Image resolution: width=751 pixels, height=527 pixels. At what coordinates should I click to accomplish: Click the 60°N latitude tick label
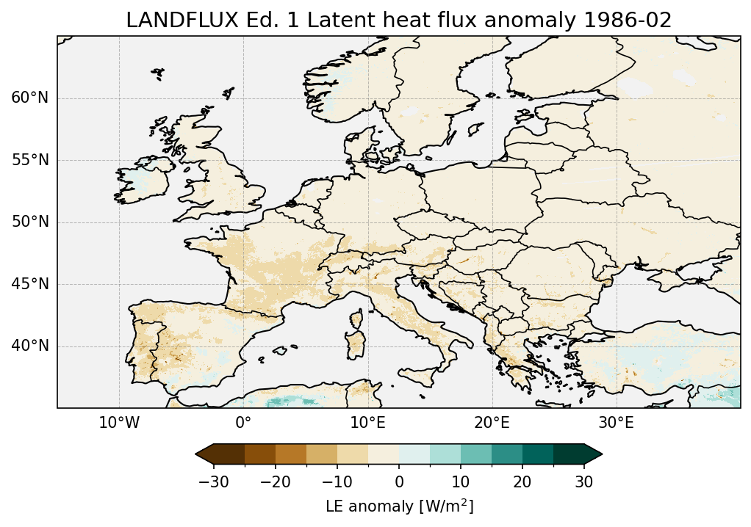pos(29,98)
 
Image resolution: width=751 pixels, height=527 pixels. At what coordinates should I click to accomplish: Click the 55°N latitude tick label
pos(29,160)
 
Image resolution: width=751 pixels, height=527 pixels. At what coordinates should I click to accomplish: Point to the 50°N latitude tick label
pos(29,222)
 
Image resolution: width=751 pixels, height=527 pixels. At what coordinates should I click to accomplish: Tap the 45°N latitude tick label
pos(29,284)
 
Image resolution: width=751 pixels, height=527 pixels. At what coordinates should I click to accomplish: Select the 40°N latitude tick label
pos(29,346)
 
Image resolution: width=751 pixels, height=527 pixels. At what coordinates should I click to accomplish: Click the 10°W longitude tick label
pos(119,424)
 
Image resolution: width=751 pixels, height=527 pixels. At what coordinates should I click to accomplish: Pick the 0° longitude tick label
pos(243,424)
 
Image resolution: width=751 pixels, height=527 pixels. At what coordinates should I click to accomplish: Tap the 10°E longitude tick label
pos(367,424)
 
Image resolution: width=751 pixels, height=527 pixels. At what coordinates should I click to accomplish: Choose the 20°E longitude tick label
pos(492,424)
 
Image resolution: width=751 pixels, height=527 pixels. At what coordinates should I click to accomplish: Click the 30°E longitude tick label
pos(616,424)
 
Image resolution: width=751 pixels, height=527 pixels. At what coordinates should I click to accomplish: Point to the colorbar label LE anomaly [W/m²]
pos(399,506)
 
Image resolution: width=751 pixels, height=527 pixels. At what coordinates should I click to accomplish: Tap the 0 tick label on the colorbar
pos(399,481)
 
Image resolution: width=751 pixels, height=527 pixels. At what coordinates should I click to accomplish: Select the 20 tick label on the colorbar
pos(522,481)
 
